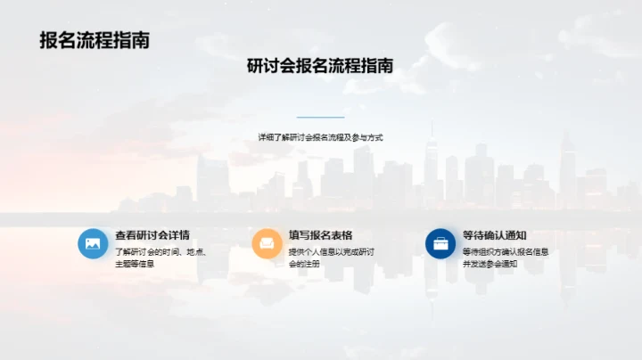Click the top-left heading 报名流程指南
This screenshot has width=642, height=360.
coord(94,40)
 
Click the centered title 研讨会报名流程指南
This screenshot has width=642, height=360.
coord(320,66)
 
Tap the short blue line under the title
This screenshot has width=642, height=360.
coord(320,117)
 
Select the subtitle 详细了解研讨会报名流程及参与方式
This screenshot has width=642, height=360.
coord(320,137)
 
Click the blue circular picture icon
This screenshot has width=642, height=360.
coord(93,243)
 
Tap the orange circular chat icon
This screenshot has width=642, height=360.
coord(267,243)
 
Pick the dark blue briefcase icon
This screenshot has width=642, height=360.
coord(440,243)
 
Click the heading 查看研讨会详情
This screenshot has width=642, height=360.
coord(152,235)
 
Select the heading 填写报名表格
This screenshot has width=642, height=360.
coord(320,235)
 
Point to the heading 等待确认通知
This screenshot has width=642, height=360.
coord(494,235)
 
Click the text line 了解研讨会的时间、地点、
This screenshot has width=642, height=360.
coord(160,251)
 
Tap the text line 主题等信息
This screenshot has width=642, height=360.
coord(135,264)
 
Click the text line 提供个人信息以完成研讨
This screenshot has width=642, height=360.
coord(331,251)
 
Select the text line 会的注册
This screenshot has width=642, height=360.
coord(303,264)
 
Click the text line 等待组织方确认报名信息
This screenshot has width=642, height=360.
coord(505,251)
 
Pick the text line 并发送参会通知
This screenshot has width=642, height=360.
coord(490,264)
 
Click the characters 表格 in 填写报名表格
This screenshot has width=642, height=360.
coord(342,235)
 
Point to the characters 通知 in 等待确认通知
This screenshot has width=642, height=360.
coord(515,235)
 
